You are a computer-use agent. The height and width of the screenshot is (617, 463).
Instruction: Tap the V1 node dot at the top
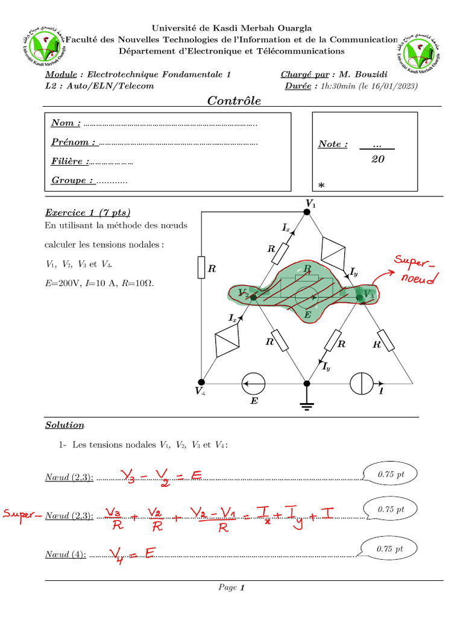307,212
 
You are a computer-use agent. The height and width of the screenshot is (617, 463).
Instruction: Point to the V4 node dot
201,382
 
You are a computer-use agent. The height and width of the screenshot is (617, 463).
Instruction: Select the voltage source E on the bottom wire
253,383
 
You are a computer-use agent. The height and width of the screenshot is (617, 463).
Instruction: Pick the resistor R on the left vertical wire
201,268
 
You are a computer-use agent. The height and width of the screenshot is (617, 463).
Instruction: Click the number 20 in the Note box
378,159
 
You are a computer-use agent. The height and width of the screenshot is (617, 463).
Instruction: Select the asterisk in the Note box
321,185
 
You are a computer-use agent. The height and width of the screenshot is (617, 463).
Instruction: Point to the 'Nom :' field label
66,123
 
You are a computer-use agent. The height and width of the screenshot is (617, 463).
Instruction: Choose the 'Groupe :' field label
72,180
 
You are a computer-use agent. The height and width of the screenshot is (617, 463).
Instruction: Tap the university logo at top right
418,48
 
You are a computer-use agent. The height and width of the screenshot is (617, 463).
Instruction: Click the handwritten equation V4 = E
130,554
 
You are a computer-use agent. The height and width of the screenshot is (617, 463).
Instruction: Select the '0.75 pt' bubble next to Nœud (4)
388,549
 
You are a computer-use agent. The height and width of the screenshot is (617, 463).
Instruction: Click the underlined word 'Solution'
65,425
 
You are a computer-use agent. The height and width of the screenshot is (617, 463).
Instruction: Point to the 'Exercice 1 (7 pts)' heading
87,213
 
